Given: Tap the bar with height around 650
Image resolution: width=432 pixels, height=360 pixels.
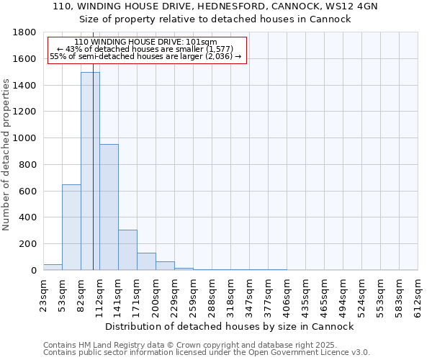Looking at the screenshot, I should (x=71, y=228).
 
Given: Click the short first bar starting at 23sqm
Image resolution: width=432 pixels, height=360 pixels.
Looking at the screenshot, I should (x=53, y=267).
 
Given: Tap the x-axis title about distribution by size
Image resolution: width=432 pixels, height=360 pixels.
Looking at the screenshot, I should (x=230, y=326).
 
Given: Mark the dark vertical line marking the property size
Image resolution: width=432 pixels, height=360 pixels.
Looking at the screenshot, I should (x=93, y=180).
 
